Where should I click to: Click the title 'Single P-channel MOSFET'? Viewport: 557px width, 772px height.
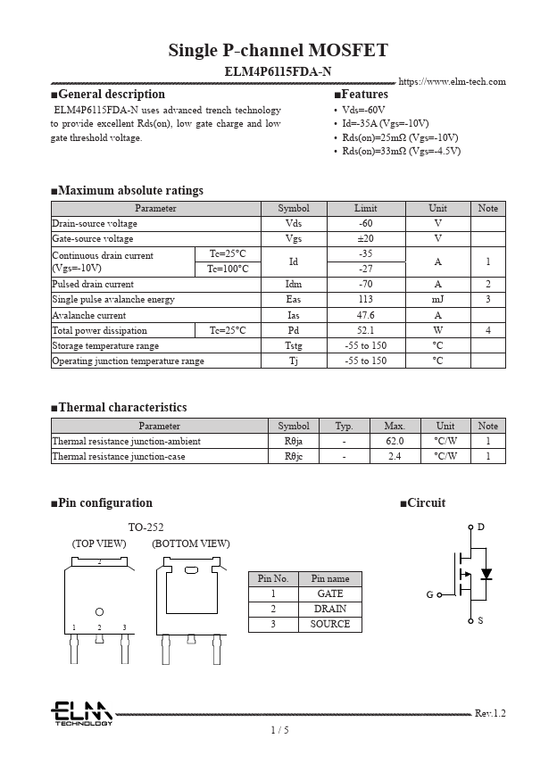(278, 50)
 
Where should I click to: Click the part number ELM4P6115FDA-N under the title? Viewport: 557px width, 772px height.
(278, 71)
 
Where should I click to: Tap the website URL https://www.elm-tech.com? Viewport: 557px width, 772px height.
(452, 81)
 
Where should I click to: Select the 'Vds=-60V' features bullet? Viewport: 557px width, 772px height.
(363, 109)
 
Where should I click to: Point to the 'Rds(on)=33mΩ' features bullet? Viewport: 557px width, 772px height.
(401, 152)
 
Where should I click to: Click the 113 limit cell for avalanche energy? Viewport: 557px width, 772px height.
(365, 300)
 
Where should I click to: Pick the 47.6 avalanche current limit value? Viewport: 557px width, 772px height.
(365, 315)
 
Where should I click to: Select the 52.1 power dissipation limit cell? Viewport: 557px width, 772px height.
(365, 330)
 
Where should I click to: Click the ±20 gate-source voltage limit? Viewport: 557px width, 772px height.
(365, 238)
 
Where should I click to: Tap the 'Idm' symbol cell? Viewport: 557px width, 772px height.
(294, 285)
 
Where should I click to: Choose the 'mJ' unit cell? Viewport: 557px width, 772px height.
(437, 300)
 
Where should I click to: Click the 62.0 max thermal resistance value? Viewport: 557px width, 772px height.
(395, 441)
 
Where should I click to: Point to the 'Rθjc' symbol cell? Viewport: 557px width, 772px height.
(294, 456)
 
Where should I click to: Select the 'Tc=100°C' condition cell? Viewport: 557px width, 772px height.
(228, 269)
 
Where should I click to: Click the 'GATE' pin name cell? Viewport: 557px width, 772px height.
(329, 594)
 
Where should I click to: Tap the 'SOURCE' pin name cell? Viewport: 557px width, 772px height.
(329, 624)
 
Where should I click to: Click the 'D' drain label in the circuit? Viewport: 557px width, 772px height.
(481, 527)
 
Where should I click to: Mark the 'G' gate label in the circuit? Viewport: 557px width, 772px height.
(429, 594)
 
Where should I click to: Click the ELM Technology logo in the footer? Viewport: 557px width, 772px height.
(81, 714)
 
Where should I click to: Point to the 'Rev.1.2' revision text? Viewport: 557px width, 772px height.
(490, 713)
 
